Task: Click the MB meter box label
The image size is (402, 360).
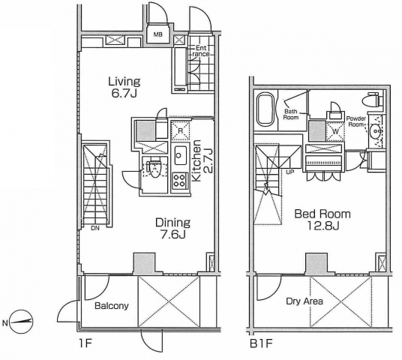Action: (158, 34)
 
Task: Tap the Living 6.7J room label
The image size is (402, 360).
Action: (124, 87)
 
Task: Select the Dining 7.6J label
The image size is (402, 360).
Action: (173, 228)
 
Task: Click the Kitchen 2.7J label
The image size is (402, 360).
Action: (202, 160)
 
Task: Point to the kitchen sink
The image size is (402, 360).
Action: (181, 154)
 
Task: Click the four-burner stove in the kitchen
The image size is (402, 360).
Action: (179, 180)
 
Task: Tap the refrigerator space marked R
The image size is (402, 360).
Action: (181, 130)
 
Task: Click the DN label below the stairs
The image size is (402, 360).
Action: (95, 228)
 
